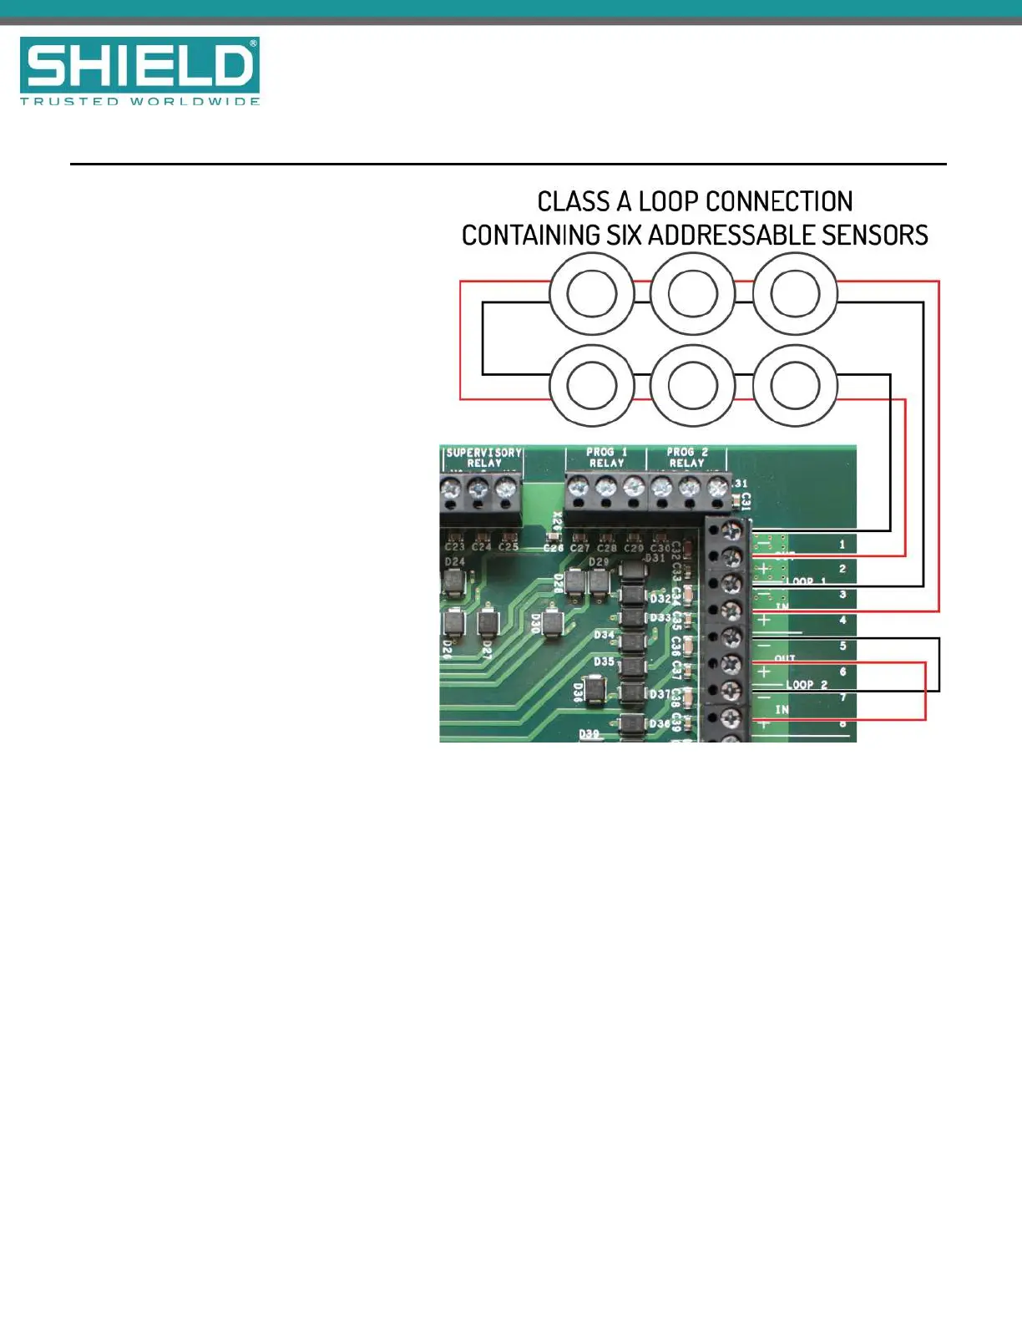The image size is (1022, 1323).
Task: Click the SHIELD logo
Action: click(x=139, y=64)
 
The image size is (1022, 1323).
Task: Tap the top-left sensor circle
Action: click(x=591, y=294)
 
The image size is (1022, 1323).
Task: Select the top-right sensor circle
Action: click(x=795, y=294)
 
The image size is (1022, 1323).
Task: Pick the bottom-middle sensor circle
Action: click(x=692, y=386)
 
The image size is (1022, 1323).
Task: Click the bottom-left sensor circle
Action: click(x=591, y=386)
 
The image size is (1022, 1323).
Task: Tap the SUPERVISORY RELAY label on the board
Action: click(x=483, y=458)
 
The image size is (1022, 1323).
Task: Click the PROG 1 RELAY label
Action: click(x=606, y=458)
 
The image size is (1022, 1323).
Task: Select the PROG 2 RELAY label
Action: click(x=687, y=458)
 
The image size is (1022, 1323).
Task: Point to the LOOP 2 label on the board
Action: click(x=807, y=685)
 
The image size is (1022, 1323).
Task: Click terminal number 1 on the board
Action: click(x=842, y=545)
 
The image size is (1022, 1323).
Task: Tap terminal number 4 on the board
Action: click(x=842, y=621)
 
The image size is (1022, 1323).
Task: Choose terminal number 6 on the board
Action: click(x=842, y=672)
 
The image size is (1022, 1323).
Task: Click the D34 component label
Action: click(x=604, y=636)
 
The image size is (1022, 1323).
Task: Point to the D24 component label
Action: click(x=455, y=562)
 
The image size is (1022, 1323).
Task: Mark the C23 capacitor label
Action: click(x=455, y=547)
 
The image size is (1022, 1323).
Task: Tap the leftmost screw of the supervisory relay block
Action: click(x=452, y=487)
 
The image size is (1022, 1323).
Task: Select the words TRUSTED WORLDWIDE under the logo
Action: click(x=139, y=102)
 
